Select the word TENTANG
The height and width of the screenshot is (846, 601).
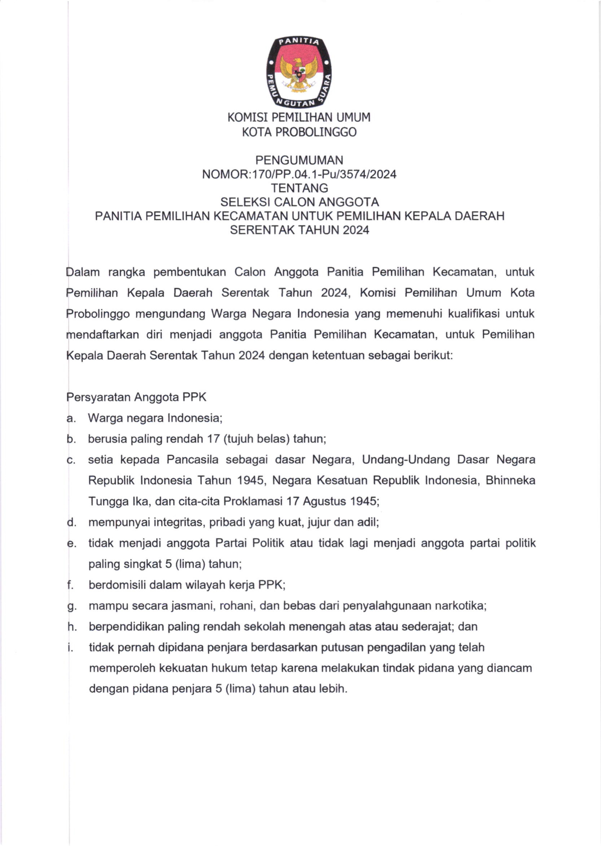click(x=299, y=188)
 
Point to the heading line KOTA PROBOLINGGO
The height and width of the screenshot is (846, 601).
click(x=299, y=132)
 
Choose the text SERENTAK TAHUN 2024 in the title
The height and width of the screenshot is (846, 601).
click(x=299, y=230)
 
